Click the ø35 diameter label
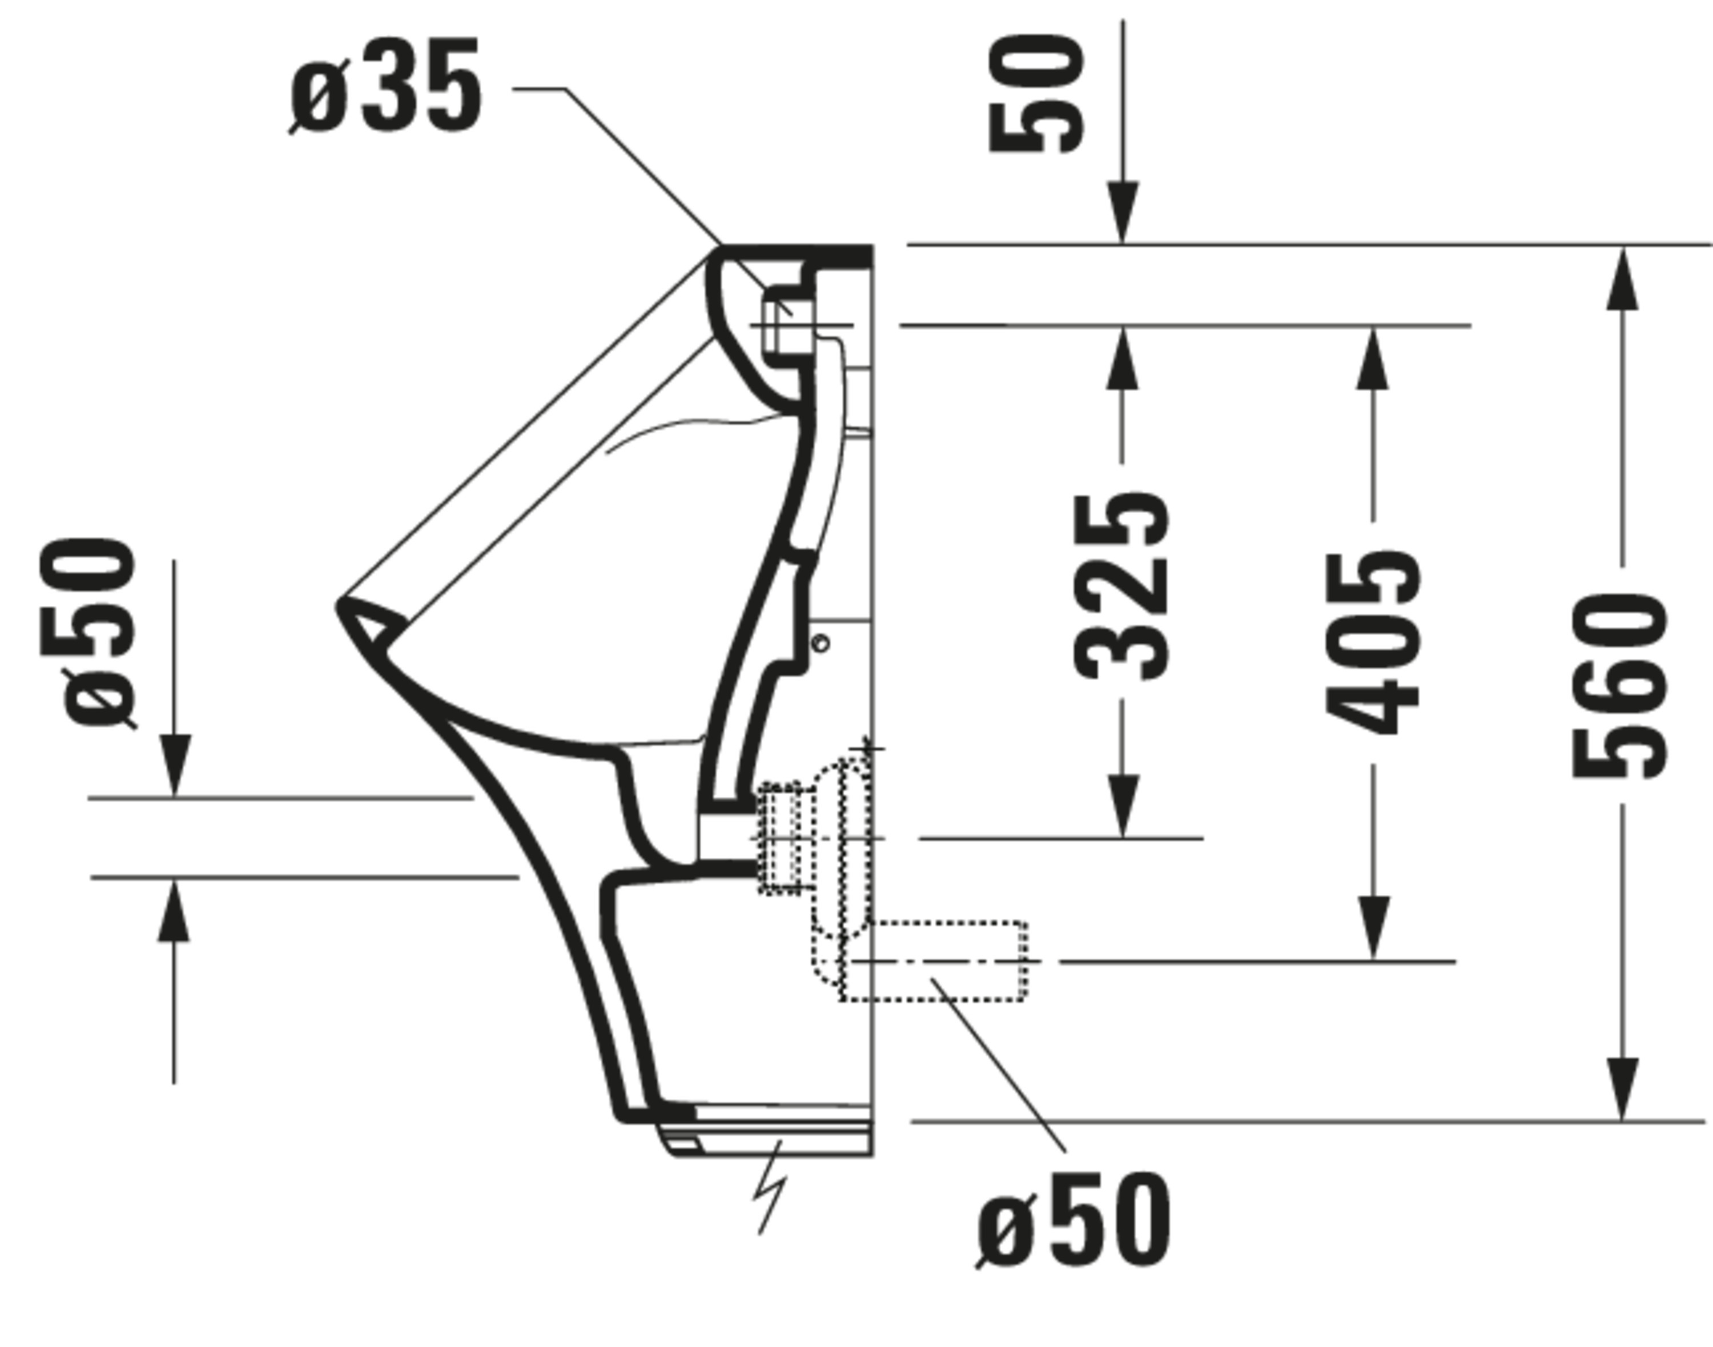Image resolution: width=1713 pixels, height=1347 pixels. pyautogui.click(x=385, y=85)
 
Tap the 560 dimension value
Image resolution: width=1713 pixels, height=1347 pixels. pyautogui.click(x=1620, y=686)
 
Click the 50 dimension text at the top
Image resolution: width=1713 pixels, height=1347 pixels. pyautogui.click(x=1036, y=93)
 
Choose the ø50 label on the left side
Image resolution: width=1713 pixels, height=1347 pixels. pyautogui.click(x=87, y=632)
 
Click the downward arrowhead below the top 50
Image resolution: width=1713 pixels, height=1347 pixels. pyautogui.click(x=1123, y=211)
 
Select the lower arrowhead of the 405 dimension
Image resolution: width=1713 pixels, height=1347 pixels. pyautogui.click(x=1374, y=929)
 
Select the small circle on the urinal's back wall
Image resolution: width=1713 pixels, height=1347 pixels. pyautogui.click(x=820, y=644)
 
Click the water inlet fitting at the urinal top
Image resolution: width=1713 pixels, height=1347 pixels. pyautogui.click(x=789, y=325)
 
